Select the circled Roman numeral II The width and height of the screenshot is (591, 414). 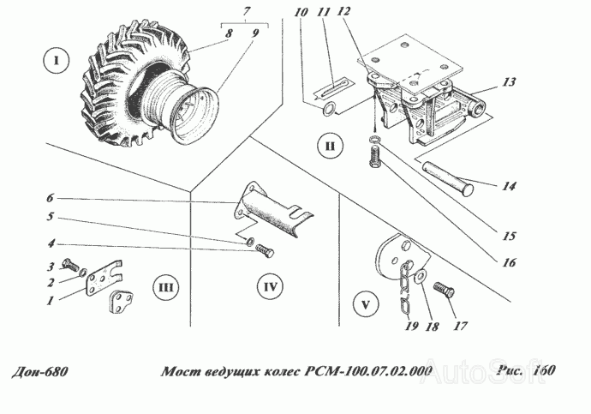point(329,147)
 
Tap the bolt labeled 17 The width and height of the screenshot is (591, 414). point(443,290)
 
